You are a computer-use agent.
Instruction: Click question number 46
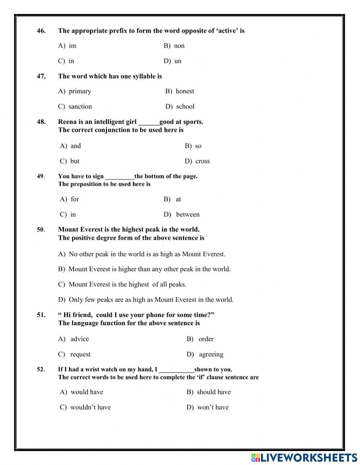(41, 31)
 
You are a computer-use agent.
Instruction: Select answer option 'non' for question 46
(179, 46)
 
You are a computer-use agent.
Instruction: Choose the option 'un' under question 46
(178, 61)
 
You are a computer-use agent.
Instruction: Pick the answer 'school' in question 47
(185, 107)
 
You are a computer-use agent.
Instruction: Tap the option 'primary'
(80, 91)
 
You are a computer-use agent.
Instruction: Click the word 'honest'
(185, 91)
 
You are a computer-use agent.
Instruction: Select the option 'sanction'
(80, 107)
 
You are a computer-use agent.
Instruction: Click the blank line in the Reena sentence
(149, 122)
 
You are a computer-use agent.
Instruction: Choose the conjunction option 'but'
(75, 161)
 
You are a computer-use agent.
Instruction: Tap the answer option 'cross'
(202, 161)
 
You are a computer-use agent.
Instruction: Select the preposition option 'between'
(188, 214)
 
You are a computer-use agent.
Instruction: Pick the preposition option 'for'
(75, 199)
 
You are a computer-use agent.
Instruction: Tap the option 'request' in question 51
(80, 354)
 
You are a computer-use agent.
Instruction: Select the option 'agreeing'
(211, 354)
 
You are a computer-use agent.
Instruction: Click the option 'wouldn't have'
(90, 407)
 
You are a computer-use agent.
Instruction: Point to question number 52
(41, 369)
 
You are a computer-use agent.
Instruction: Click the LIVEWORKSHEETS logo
(304, 457)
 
